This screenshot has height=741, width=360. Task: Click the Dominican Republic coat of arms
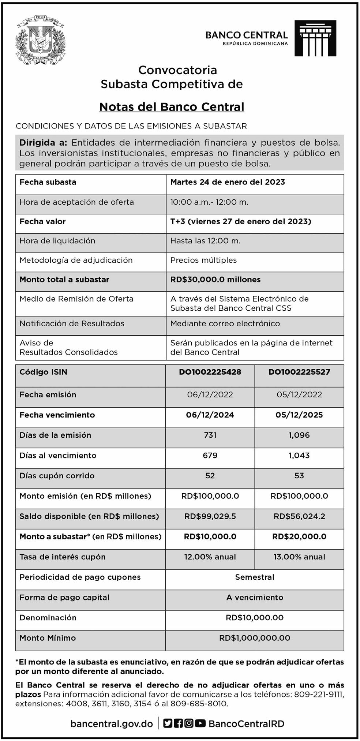(40, 40)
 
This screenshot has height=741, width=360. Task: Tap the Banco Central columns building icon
(315, 38)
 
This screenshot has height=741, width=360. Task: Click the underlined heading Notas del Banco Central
(172, 107)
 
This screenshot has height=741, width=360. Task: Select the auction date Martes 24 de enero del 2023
(228, 182)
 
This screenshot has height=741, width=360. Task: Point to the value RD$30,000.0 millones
(215, 280)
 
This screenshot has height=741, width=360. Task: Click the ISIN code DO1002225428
(210, 372)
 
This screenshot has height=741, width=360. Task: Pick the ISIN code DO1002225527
(299, 372)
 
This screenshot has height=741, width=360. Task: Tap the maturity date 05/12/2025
(299, 415)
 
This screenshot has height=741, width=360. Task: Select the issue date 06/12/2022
(210, 395)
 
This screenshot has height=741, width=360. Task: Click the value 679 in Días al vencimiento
(210, 456)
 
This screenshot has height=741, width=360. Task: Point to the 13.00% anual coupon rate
(299, 557)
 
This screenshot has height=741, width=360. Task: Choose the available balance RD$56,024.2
(299, 516)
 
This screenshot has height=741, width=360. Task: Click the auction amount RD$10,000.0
(210, 537)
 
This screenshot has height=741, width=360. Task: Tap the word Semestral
(255, 577)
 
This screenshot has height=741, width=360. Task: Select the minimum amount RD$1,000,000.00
(255, 638)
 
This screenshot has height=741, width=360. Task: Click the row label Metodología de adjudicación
(76, 260)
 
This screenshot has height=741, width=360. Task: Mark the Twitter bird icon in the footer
(168, 723)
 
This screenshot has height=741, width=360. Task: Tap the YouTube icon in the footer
(200, 723)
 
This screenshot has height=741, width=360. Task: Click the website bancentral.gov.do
(112, 724)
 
